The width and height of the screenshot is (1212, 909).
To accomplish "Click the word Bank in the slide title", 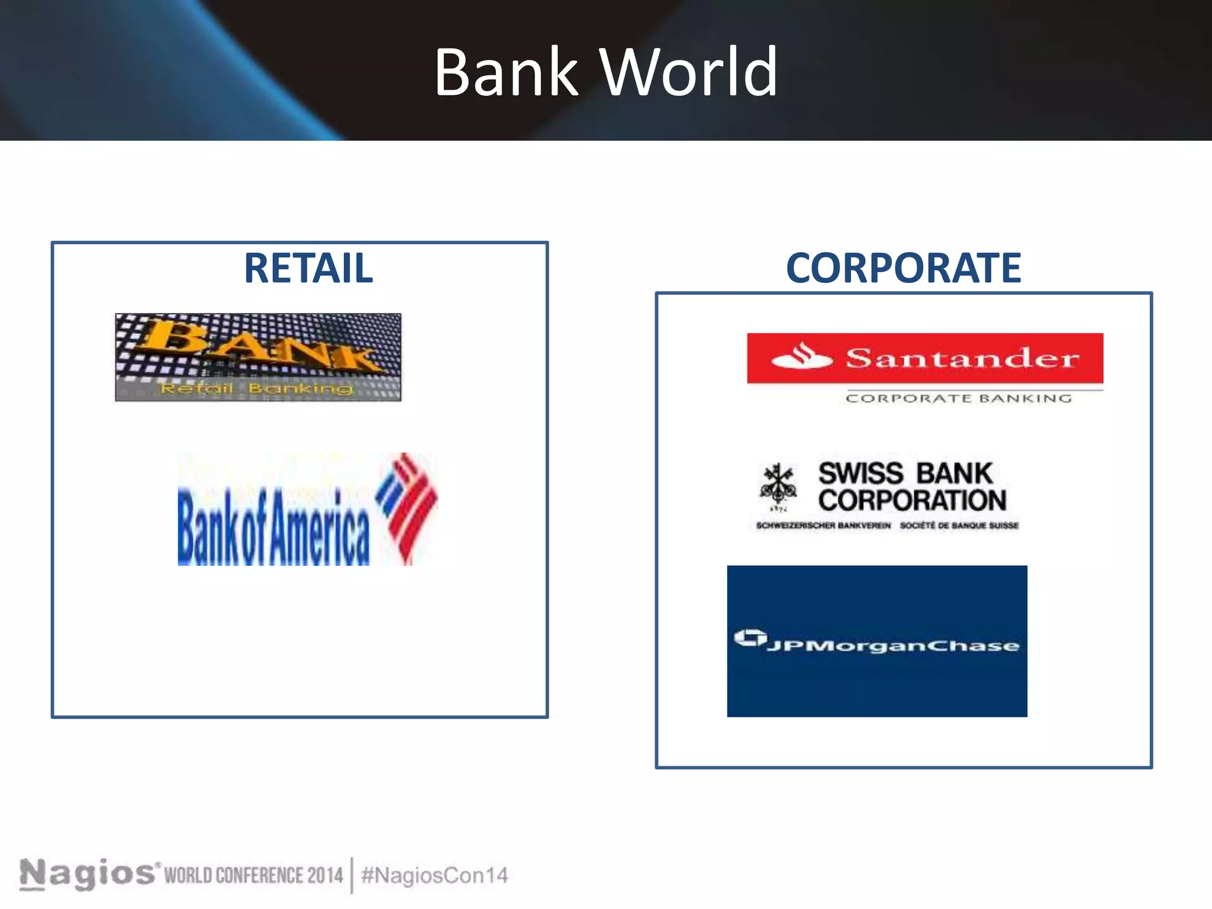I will point(506,73).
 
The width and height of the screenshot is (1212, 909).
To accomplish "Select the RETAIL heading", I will point(308,268).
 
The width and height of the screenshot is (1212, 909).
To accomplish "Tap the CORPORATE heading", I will point(903,268).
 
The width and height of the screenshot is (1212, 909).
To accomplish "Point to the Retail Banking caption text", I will point(256,389).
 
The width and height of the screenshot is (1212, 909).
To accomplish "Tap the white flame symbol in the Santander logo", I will point(802,357).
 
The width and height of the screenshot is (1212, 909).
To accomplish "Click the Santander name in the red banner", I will point(962,358).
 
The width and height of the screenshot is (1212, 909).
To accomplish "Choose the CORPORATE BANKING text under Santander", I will point(959,398).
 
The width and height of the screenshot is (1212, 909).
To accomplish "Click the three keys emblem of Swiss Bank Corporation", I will point(778,484).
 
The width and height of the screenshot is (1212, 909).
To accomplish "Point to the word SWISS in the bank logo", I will point(860,473).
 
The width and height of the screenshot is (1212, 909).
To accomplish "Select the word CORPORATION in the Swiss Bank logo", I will point(912,501).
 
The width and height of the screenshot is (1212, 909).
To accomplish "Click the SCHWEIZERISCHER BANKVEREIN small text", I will point(823,526).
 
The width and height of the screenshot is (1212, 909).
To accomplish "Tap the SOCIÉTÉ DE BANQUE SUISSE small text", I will point(959,526).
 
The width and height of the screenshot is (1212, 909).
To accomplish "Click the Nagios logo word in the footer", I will point(88,873).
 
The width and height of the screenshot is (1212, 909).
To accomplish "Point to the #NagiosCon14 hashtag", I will point(434,875).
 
